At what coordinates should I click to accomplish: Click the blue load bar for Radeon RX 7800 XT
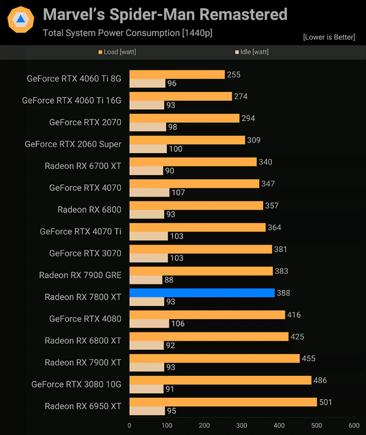tap(202, 293)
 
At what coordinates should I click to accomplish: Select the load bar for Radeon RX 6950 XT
tap(223, 402)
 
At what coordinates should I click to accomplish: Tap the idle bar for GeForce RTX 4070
tap(149, 193)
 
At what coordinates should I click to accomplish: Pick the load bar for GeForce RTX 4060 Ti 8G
tap(177, 74)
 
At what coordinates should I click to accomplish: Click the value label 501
tap(326, 402)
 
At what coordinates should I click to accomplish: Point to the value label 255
tap(233, 74)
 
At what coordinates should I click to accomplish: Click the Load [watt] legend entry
tap(117, 52)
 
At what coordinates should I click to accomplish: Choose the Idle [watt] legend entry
tap(252, 52)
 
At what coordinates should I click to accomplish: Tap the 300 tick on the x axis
tap(241, 425)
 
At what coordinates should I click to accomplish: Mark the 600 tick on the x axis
tap(353, 425)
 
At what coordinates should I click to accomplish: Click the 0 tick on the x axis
tap(129, 425)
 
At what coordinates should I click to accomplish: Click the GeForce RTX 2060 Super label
tap(73, 144)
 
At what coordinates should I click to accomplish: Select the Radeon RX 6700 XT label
tap(83, 166)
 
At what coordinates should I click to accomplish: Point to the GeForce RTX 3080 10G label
tap(77, 384)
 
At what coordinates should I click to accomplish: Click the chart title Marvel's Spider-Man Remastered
tap(165, 14)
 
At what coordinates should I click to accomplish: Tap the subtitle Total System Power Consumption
tap(128, 33)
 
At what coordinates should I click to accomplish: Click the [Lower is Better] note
tap(329, 37)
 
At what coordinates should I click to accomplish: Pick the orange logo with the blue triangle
tap(21, 20)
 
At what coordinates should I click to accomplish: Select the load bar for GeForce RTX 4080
tap(207, 314)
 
